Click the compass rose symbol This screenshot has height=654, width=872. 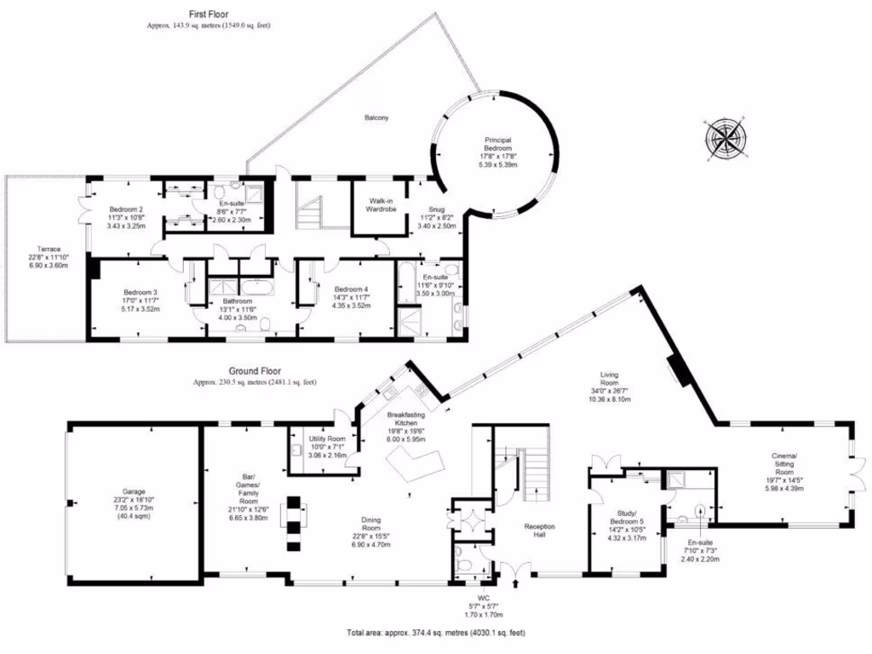click(726, 138)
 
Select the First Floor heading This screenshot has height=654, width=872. click(209, 14)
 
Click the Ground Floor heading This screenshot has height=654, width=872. click(255, 371)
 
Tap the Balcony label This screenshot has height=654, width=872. click(376, 118)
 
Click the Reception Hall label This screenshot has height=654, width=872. click(540, 531)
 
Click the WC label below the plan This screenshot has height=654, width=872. click(483, 598)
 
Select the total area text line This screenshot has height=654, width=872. click(436, 634)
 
